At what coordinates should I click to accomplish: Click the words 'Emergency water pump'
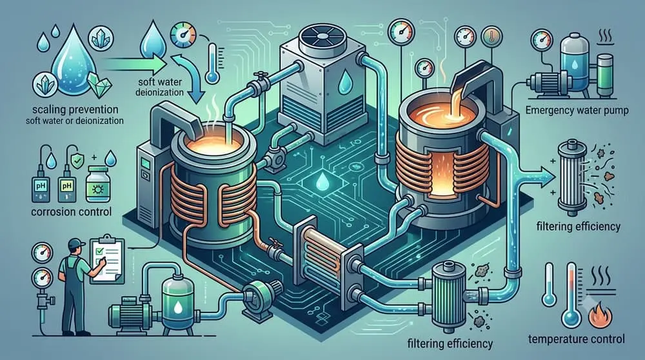point(577,110)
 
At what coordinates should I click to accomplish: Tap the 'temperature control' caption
point(576,339)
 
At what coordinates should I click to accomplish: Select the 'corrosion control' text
point(71,212)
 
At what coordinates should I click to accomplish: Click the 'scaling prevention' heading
point(75,110)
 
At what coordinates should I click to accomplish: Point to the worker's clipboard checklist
point(108,259)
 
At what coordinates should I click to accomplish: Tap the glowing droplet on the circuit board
point(321,183)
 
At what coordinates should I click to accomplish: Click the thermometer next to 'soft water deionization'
point(212,63)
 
